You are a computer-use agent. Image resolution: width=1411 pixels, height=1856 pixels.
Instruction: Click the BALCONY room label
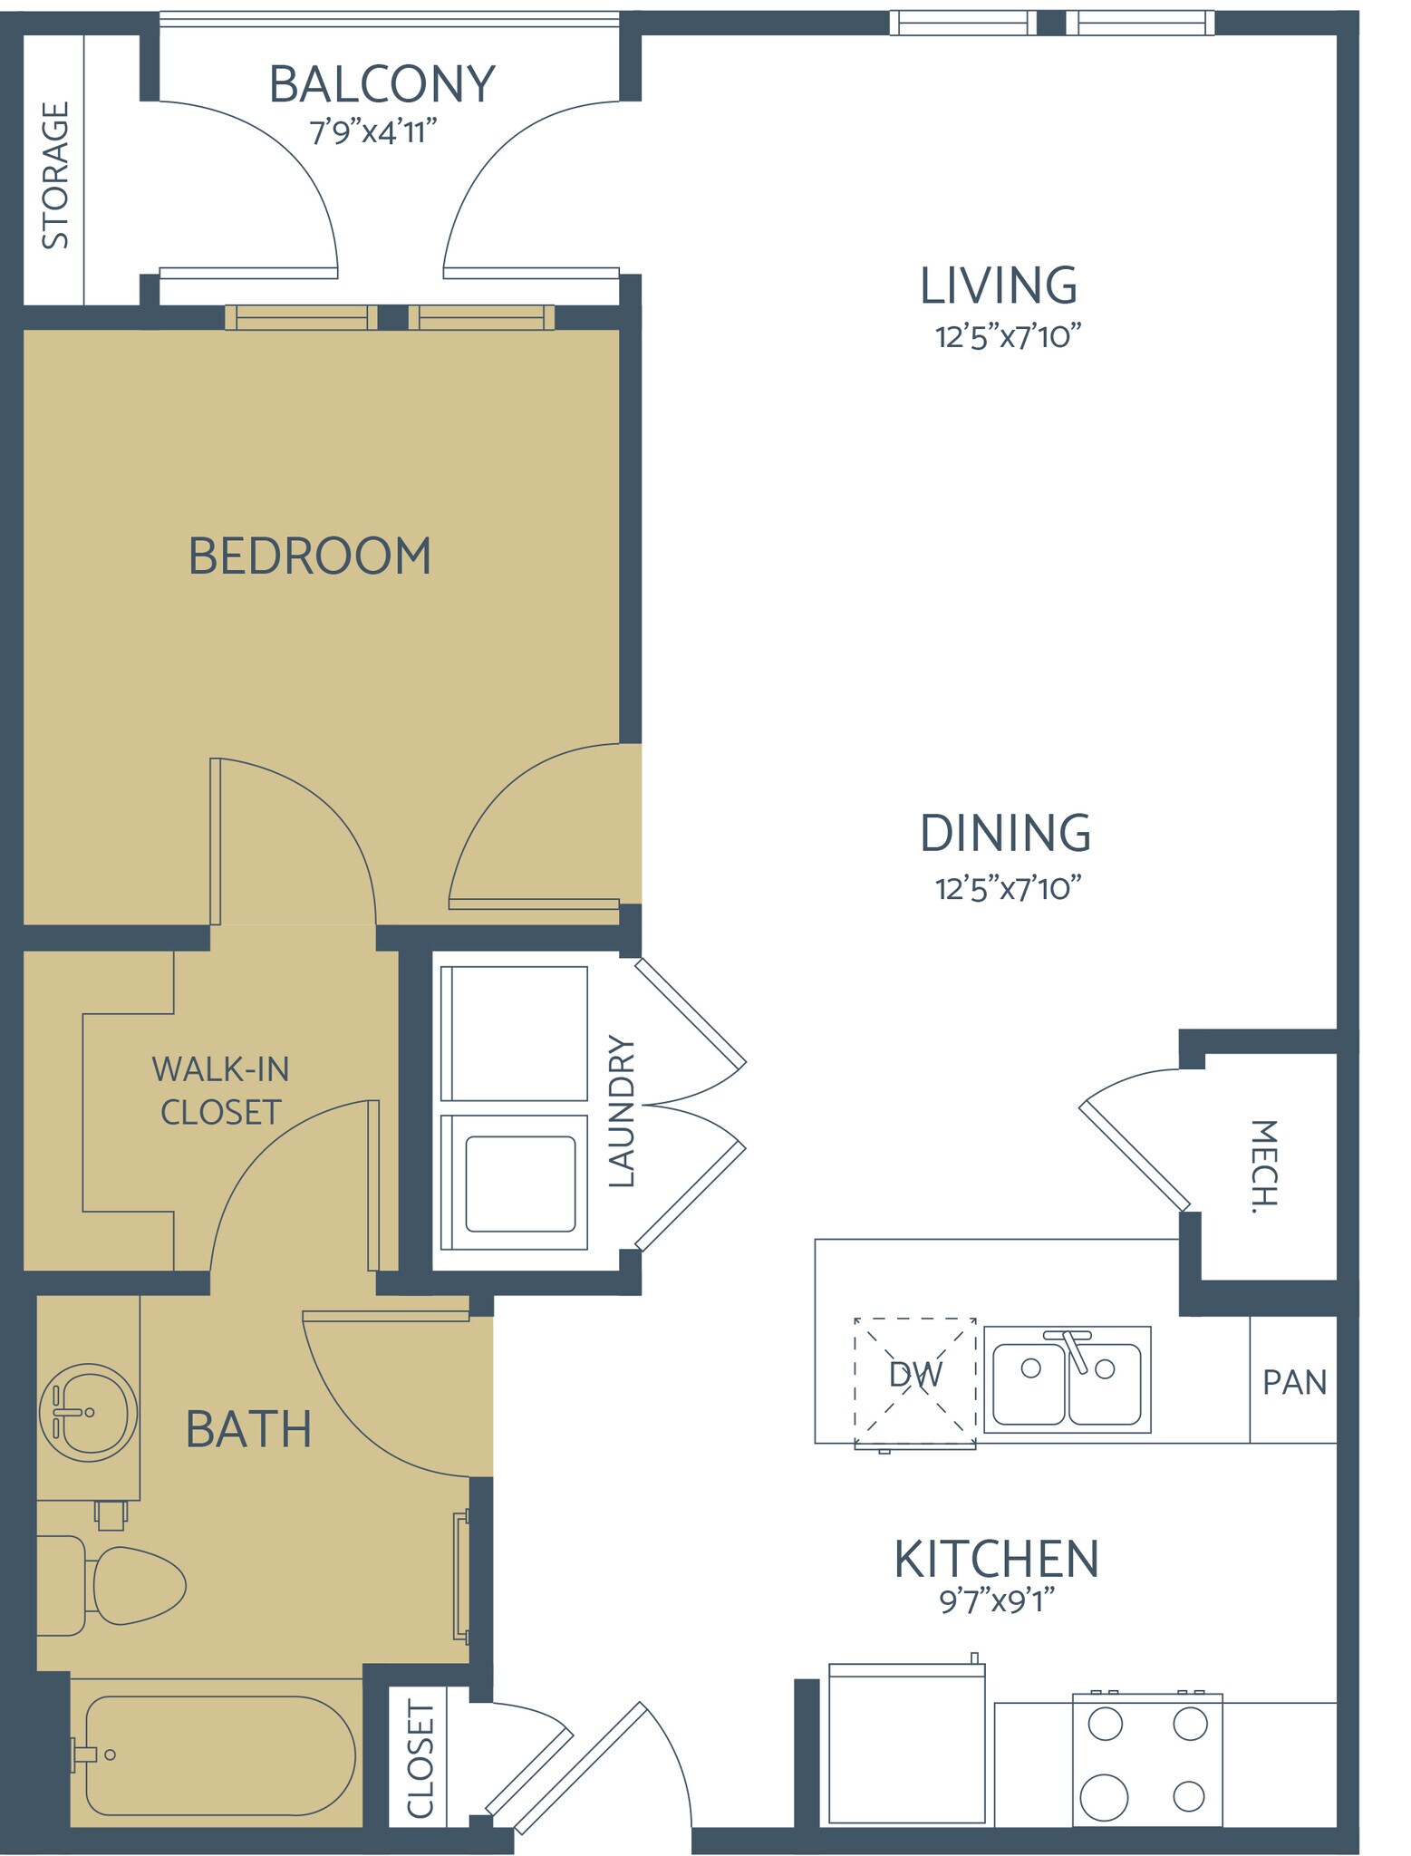click(382, 84)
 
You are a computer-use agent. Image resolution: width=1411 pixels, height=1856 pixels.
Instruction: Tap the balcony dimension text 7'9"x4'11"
click(373, 133)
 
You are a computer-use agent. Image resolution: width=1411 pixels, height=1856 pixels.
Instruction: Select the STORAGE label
click(55, 175)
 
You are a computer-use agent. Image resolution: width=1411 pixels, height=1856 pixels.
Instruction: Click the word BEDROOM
click(309, 556)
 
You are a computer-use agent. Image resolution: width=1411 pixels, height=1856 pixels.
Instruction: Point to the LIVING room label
click(999, 286)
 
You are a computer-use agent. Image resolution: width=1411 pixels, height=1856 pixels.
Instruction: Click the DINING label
click(1005, 834)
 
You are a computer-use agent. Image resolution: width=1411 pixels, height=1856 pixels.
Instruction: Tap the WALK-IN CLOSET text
click(220, 1090)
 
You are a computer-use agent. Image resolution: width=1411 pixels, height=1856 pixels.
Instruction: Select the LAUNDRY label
click(622, 1111)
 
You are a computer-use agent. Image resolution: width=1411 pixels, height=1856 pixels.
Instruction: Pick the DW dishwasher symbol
click(915, 1375)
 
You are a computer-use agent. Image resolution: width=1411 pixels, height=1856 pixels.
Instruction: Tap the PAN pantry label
click(1294, 1383)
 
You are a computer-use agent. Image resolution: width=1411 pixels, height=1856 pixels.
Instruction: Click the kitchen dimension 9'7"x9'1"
click(997, 1602)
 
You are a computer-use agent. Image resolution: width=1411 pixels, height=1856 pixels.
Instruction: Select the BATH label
click(248, 1430)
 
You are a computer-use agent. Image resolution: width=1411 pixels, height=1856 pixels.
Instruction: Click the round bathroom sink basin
click(88, 1412)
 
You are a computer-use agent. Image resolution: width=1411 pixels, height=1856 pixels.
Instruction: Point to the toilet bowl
click(139, 1585)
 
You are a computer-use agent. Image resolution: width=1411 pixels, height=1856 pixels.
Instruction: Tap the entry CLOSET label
click(420, 1759)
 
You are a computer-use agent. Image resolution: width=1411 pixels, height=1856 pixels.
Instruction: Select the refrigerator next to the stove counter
click(906, 1745)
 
